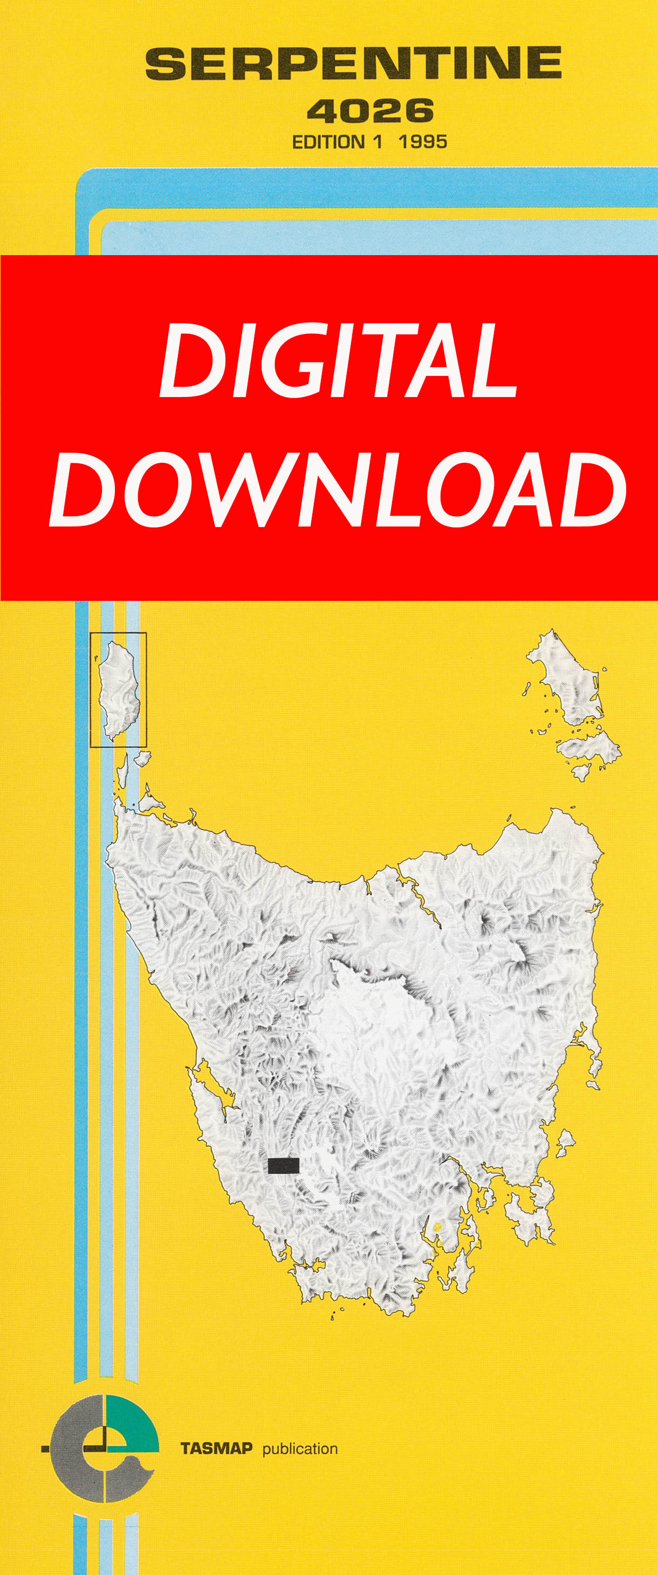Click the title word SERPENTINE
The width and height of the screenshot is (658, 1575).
tap(353, 64)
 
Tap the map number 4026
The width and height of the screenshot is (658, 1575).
tap(370, 111)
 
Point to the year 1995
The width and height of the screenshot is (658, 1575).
tap(422, 142)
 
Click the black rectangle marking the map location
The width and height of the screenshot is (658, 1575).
tap(283, 1166)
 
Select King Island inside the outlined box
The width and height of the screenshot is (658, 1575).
tap(119, 688)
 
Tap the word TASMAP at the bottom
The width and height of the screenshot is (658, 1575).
tap(216, 1448)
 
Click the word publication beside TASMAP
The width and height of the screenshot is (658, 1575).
tap(300, 1448)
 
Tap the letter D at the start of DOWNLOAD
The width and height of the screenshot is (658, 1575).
tap(82, 490)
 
